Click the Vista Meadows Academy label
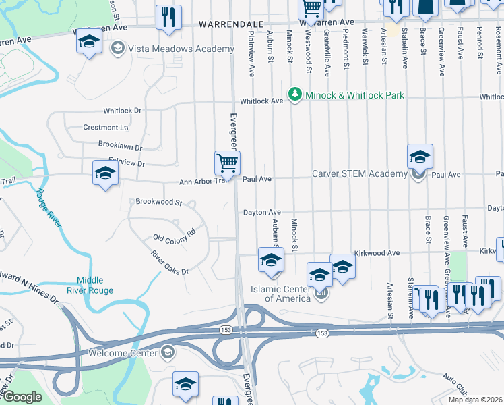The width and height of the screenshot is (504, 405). pos(171,49)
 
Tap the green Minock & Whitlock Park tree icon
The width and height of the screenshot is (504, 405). pos(294,95)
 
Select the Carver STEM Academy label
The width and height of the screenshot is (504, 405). pos(359,174)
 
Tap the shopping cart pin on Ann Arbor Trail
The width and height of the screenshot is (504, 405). pos(227,164)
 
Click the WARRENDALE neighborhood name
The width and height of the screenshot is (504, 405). pos(230,24)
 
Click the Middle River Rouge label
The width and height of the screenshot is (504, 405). pos(95,285)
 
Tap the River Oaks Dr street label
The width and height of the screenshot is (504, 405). pos(169,263)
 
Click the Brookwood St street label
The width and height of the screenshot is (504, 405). pos(159,202)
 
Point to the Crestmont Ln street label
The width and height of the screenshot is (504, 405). pos(104,127)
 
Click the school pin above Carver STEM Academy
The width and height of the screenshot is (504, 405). pos(419,157)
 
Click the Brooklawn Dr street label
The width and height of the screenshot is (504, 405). pos(120,146)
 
